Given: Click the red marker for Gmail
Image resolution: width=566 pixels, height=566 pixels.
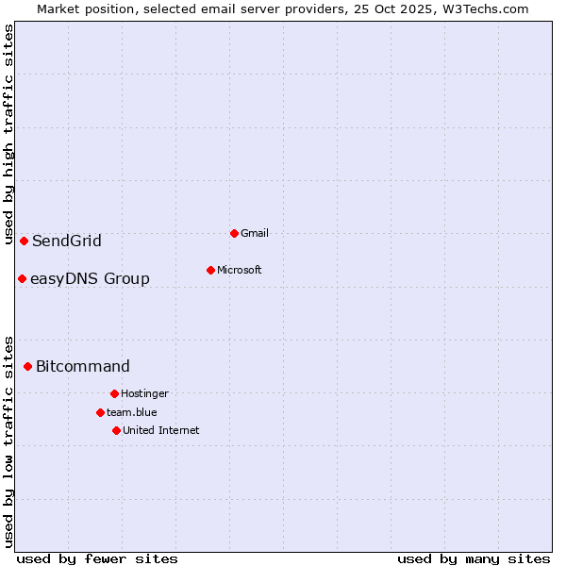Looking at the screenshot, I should point(234,233).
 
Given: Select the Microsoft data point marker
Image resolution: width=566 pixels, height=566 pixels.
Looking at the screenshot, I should point(210,270).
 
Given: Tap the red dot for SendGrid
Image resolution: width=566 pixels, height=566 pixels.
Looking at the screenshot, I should point(24,241).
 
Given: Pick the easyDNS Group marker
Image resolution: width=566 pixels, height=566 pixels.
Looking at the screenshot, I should point(22,278).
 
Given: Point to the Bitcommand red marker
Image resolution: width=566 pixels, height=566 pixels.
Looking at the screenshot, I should point(27,366).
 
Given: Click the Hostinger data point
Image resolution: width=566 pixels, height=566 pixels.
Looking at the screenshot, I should point(114,393).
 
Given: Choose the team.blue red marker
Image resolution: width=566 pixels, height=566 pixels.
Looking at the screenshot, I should point(100,412).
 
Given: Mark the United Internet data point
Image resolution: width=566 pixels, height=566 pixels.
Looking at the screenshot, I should point(116,430).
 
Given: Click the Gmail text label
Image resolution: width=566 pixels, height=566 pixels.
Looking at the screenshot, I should point(255,233).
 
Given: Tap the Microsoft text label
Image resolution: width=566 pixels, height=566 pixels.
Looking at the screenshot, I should point(240,270).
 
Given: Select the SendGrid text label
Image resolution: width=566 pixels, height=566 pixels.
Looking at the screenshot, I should point(67,241).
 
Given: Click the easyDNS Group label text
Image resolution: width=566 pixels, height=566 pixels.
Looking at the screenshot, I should point(90,278).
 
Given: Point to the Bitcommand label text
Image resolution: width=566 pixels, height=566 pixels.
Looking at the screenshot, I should point(83,366).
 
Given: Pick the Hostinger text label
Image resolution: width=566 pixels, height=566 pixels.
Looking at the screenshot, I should point(144,393).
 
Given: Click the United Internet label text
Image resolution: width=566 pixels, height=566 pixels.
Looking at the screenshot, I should point(161,430).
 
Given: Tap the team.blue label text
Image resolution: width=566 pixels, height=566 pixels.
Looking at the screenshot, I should point(132,412).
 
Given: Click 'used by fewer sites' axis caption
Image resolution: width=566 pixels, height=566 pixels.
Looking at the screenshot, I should point(97,558).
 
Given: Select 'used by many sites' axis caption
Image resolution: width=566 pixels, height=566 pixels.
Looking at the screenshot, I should point(474,558).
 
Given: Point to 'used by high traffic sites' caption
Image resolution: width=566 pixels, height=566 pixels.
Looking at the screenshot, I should point(8,135).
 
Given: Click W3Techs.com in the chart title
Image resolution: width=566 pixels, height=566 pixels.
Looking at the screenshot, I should point(482,8).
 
